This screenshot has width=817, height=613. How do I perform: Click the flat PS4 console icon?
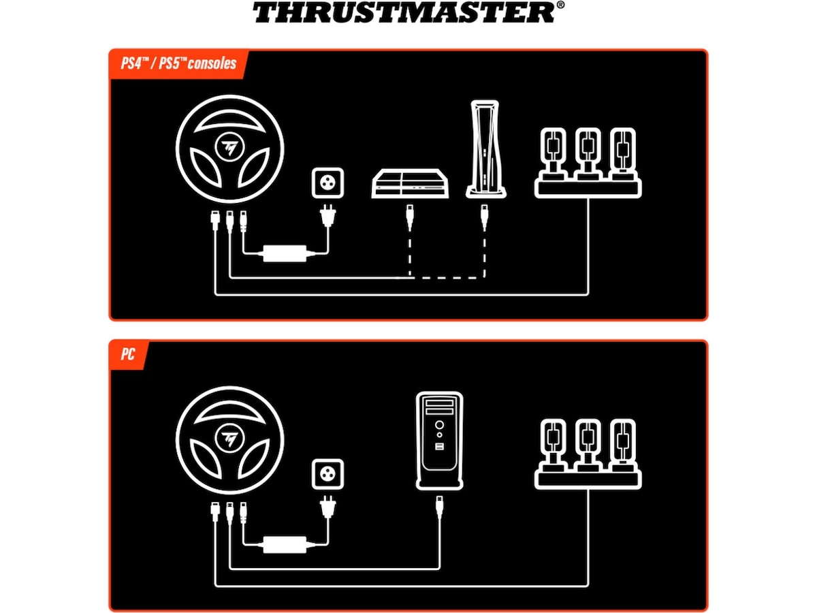(x=408, y=184)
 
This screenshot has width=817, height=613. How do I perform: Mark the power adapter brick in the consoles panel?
(x=285, y=254)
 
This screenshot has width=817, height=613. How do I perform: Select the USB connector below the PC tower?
(x=440, y=505)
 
